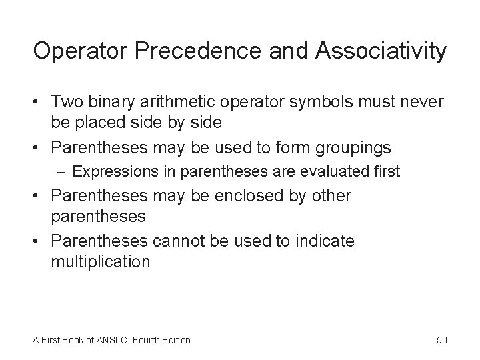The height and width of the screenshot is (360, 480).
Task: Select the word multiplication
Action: (100, 261)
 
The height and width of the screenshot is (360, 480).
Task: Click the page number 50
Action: (442, 340)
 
